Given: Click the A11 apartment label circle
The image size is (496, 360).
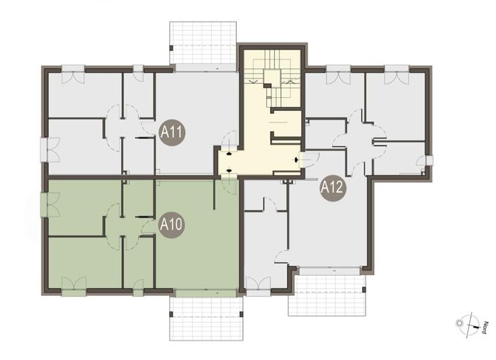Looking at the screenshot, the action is point(172,132).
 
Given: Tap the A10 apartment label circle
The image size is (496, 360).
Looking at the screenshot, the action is point(171,225).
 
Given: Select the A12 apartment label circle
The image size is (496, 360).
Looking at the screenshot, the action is point(332,188).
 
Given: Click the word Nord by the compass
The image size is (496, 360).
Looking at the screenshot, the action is point(484,328).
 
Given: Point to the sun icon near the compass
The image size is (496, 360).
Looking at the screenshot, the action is point(459,323).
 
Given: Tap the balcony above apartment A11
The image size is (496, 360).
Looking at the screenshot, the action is point(203,42).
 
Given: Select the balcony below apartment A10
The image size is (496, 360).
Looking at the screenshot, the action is point(206,318).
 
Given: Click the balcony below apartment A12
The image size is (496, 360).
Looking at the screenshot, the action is point(327,295).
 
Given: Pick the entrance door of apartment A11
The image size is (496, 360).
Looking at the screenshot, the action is point(228,141).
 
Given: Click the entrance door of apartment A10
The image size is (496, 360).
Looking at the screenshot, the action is point(229,186).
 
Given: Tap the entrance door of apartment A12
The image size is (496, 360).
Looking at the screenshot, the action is point(310,159).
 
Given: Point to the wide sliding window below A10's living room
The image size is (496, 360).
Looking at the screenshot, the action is point(206,293).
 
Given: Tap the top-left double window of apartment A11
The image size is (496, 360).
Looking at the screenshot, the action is point(73,73).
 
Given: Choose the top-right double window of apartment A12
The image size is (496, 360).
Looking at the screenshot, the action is point(397,74).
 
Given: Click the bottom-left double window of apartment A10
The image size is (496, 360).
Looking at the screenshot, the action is point(73,287).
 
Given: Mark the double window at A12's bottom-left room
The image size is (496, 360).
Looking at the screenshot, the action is point(258,287).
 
